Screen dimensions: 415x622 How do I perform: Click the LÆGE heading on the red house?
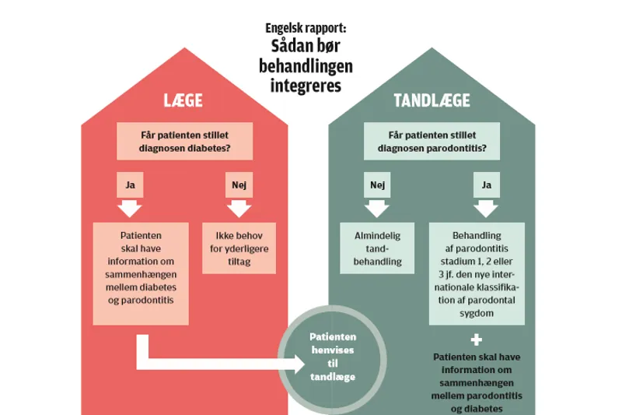pos(184,100)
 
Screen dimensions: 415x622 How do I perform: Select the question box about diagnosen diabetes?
pos(184,140)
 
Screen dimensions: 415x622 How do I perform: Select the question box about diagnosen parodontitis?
pos(433,140)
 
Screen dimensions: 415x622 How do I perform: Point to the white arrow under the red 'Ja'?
pos(130,207)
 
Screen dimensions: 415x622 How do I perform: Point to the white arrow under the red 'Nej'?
pos(238,207)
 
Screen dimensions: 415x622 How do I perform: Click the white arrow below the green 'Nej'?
pos(377,207)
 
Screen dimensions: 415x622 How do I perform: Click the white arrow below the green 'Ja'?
pos(487,207)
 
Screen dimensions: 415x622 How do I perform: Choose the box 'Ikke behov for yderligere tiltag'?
pos(238,248)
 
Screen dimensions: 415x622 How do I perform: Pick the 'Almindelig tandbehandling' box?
pos(376,248)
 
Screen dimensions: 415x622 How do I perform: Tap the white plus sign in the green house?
pos(477,339)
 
